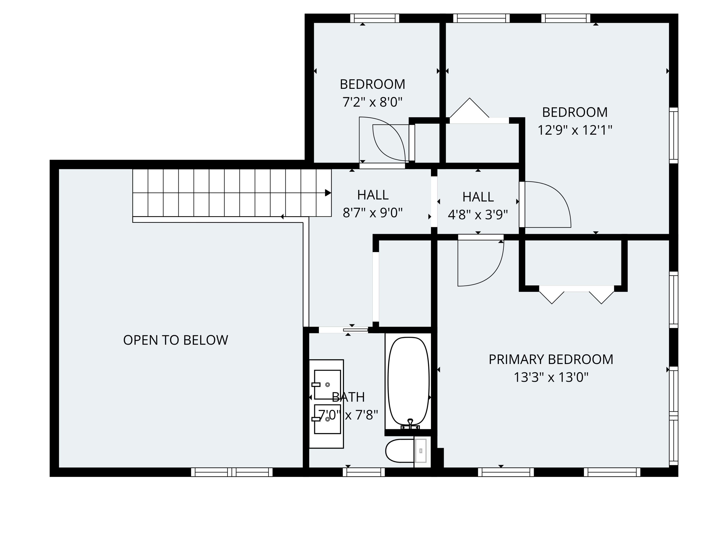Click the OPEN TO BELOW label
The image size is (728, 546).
coord(175,340)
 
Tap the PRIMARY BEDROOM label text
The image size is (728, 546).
coord(551,359)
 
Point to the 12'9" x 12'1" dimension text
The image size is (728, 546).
coord(575,130)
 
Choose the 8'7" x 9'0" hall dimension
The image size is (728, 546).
coord(372,213)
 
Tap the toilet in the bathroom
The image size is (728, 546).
coord(406,451)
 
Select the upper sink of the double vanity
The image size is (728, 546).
coord(327,384)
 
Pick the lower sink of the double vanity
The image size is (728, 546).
coord(327,419)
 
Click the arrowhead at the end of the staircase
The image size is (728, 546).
coord(328,193)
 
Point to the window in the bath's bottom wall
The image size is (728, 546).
coord(364,472)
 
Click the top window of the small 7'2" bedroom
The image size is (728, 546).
coord(374,18)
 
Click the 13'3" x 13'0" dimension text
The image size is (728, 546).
coord(551,377)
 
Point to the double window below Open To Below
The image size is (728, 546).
coord(232,472)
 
